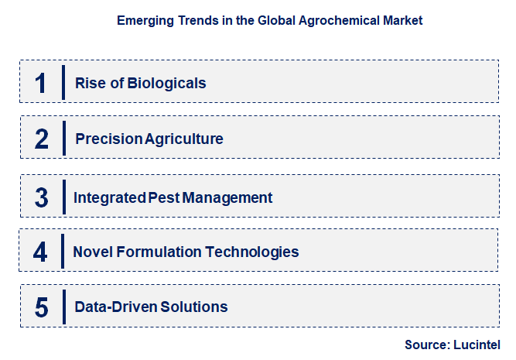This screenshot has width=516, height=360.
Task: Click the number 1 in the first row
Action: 41,83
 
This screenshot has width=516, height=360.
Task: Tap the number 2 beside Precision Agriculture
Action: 42,139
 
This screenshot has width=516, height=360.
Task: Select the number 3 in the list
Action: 42,197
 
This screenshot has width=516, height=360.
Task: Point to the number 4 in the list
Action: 41,252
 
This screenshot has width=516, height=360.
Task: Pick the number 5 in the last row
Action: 42,307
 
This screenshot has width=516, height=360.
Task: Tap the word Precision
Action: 109,139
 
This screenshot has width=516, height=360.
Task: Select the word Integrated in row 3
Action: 109,197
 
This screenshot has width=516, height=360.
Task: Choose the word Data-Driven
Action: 116,307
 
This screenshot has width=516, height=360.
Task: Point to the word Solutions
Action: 194,307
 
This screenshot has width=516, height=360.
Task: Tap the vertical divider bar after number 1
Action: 63,82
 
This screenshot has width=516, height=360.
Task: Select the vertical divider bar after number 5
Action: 63,307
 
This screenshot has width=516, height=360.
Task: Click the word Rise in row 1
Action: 89,83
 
